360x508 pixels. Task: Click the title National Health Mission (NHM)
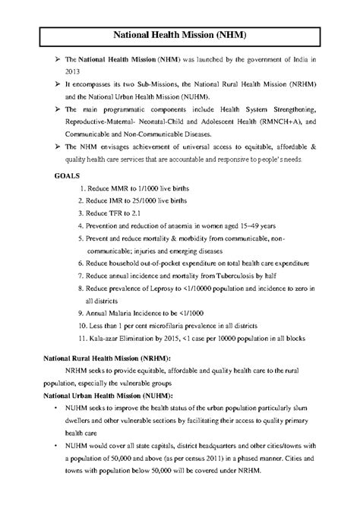pyautogui.click(x=180, y=35)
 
